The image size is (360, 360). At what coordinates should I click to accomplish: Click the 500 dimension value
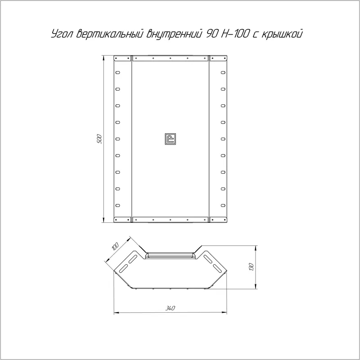tap(99, 139)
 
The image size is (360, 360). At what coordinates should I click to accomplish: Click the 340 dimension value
tap(171, 308)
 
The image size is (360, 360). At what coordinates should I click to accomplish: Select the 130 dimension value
tap(251, 266)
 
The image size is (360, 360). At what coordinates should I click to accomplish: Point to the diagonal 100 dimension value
tap(115, 246)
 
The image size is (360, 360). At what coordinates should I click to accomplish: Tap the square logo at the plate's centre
tap(171, 139)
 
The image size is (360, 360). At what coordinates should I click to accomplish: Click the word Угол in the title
tap(61, 35)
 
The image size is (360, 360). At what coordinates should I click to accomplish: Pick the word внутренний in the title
tap(175, 34)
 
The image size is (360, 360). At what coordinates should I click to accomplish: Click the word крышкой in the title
tap(282, 34)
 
